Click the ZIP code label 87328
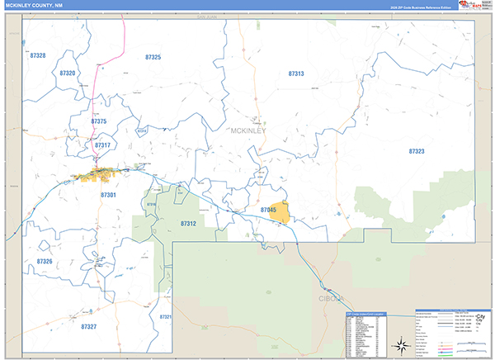click(35, 55)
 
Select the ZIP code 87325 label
click(153, 57)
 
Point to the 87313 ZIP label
click(296, 73)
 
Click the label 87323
click(416, 151)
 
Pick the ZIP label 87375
click(99, 121)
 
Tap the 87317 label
click(102, 144)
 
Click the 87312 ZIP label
click(188, 224)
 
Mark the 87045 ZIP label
click(267, 211)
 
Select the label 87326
click(45, 261)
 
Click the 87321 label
click(165, 317)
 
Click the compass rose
click(401, 344)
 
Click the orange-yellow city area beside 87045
click(282, 214)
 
